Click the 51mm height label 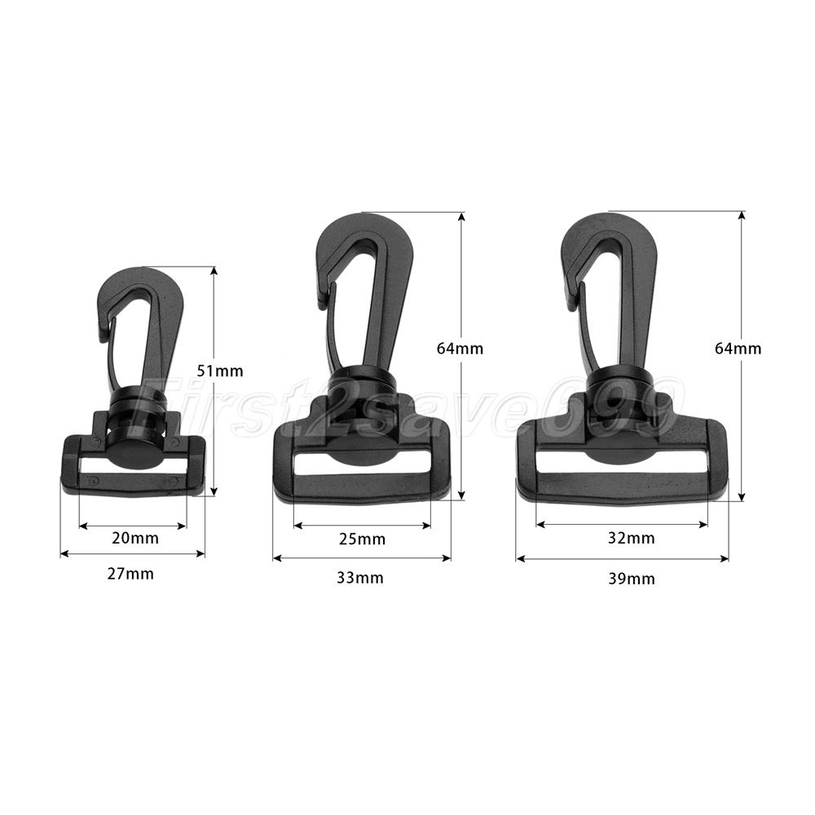coord(220,371)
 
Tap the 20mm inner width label coord(135,538)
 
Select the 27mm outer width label coord(130,575)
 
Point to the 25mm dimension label coord(363,540)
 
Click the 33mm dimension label coord(360,578)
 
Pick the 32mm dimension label coord(632,538)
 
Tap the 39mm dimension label coord(632,579)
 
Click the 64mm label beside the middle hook coord(460,349)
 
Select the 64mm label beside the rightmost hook coord(738,348)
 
